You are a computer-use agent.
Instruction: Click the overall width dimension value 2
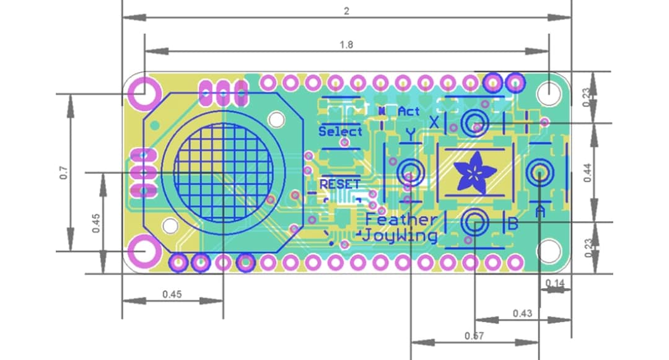(346, 11)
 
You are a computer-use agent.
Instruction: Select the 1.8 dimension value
(346, 45)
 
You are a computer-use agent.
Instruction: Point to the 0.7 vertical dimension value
(63, 173)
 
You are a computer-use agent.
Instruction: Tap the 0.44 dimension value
(587, 172)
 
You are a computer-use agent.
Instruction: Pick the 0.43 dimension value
(523, 313)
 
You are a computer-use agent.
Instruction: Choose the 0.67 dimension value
(474, 336)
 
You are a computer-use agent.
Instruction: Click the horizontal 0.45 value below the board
(172, 294)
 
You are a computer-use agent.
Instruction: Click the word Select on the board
(340, 131)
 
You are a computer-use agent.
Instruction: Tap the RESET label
(339, 184)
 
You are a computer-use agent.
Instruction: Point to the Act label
(409, 112)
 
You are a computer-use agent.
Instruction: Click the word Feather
(401, 219)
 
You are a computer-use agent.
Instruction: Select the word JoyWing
(400, 235)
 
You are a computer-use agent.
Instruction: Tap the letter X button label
(434, 122)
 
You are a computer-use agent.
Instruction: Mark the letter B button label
(512, 224)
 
